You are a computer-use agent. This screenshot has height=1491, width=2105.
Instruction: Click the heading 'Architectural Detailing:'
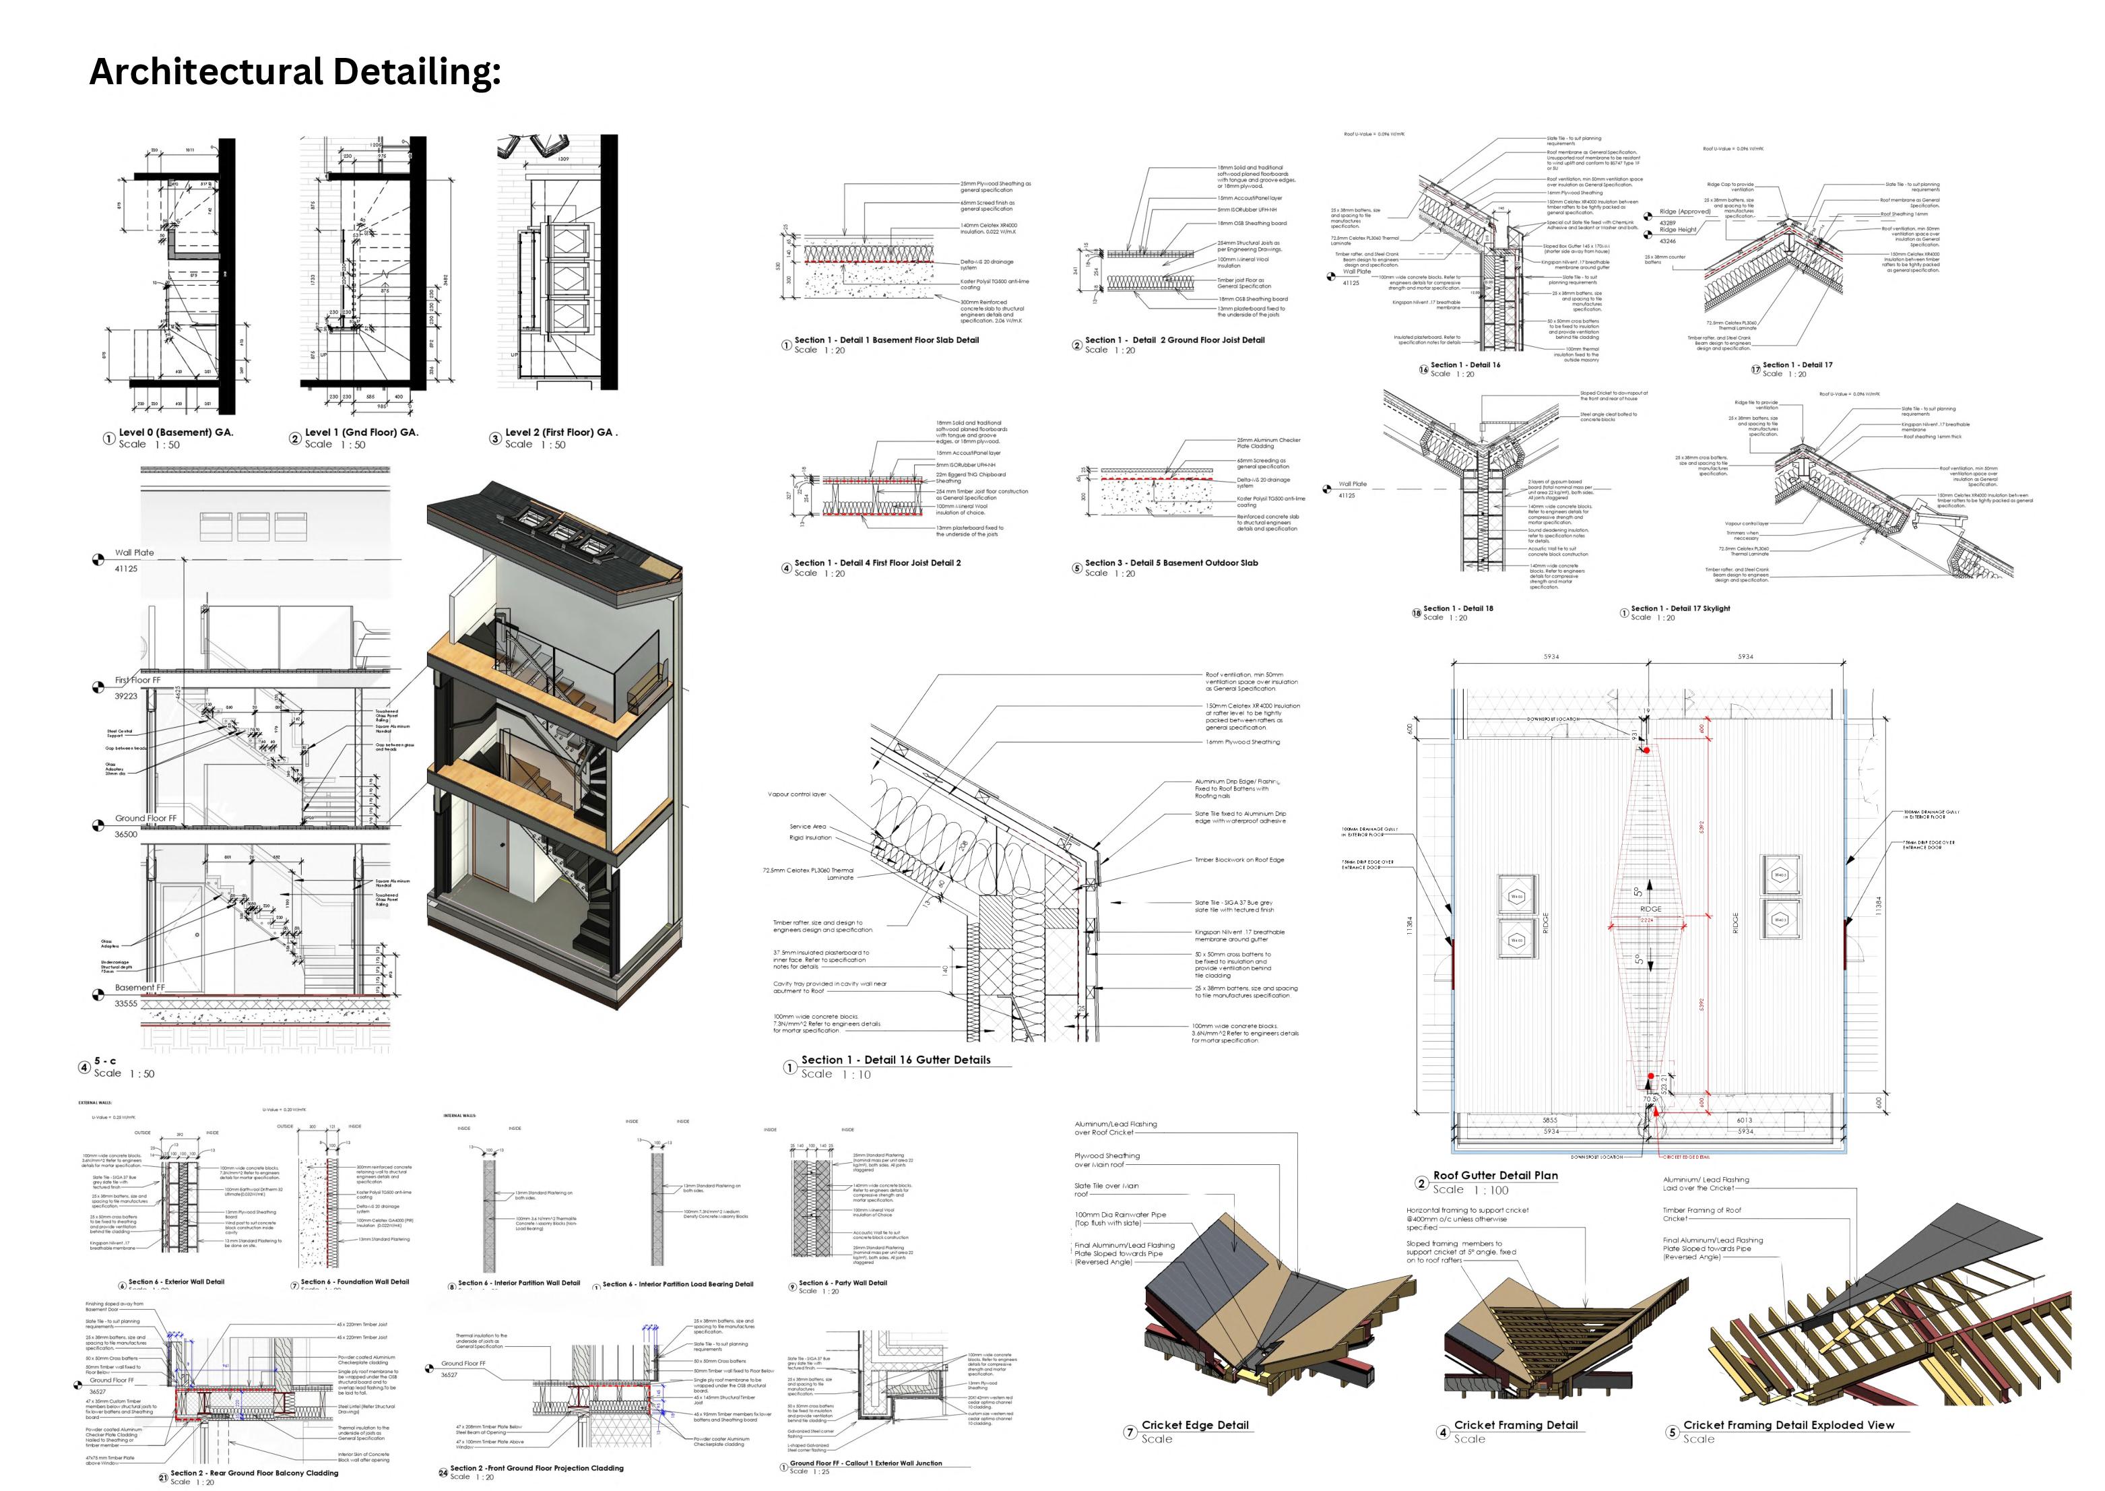click(294, 71)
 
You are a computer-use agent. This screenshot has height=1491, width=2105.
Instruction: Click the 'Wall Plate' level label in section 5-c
click(134, 552)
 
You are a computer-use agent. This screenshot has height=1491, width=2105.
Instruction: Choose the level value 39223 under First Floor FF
click(126, 696)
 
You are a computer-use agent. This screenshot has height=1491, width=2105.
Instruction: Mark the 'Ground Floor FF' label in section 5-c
click(145, 818)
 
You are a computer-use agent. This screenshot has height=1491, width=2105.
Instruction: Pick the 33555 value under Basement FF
click(126, 1003)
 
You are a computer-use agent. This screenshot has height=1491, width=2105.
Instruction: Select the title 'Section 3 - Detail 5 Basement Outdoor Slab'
click(1171, 563)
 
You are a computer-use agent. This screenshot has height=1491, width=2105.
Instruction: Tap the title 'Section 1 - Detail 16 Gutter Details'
click(895, 1060)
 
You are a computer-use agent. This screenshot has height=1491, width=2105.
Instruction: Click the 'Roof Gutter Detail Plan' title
click(1495, 1175)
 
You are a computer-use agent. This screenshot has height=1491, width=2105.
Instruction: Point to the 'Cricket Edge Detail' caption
click(1194, 1425)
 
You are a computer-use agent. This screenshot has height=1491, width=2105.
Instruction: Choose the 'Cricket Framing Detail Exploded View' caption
click(1788, 1425)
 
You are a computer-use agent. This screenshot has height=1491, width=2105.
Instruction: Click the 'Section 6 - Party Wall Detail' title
click(842, 1283)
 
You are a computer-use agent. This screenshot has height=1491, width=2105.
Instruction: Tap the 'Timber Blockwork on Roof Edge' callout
click(1238, 860)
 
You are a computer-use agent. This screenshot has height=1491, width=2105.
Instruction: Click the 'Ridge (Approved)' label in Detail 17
click(1685, 212)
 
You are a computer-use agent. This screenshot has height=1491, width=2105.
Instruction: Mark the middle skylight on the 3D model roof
click(558, 532)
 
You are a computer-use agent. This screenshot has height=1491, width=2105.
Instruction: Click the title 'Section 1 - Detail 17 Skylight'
click(1680, 608)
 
